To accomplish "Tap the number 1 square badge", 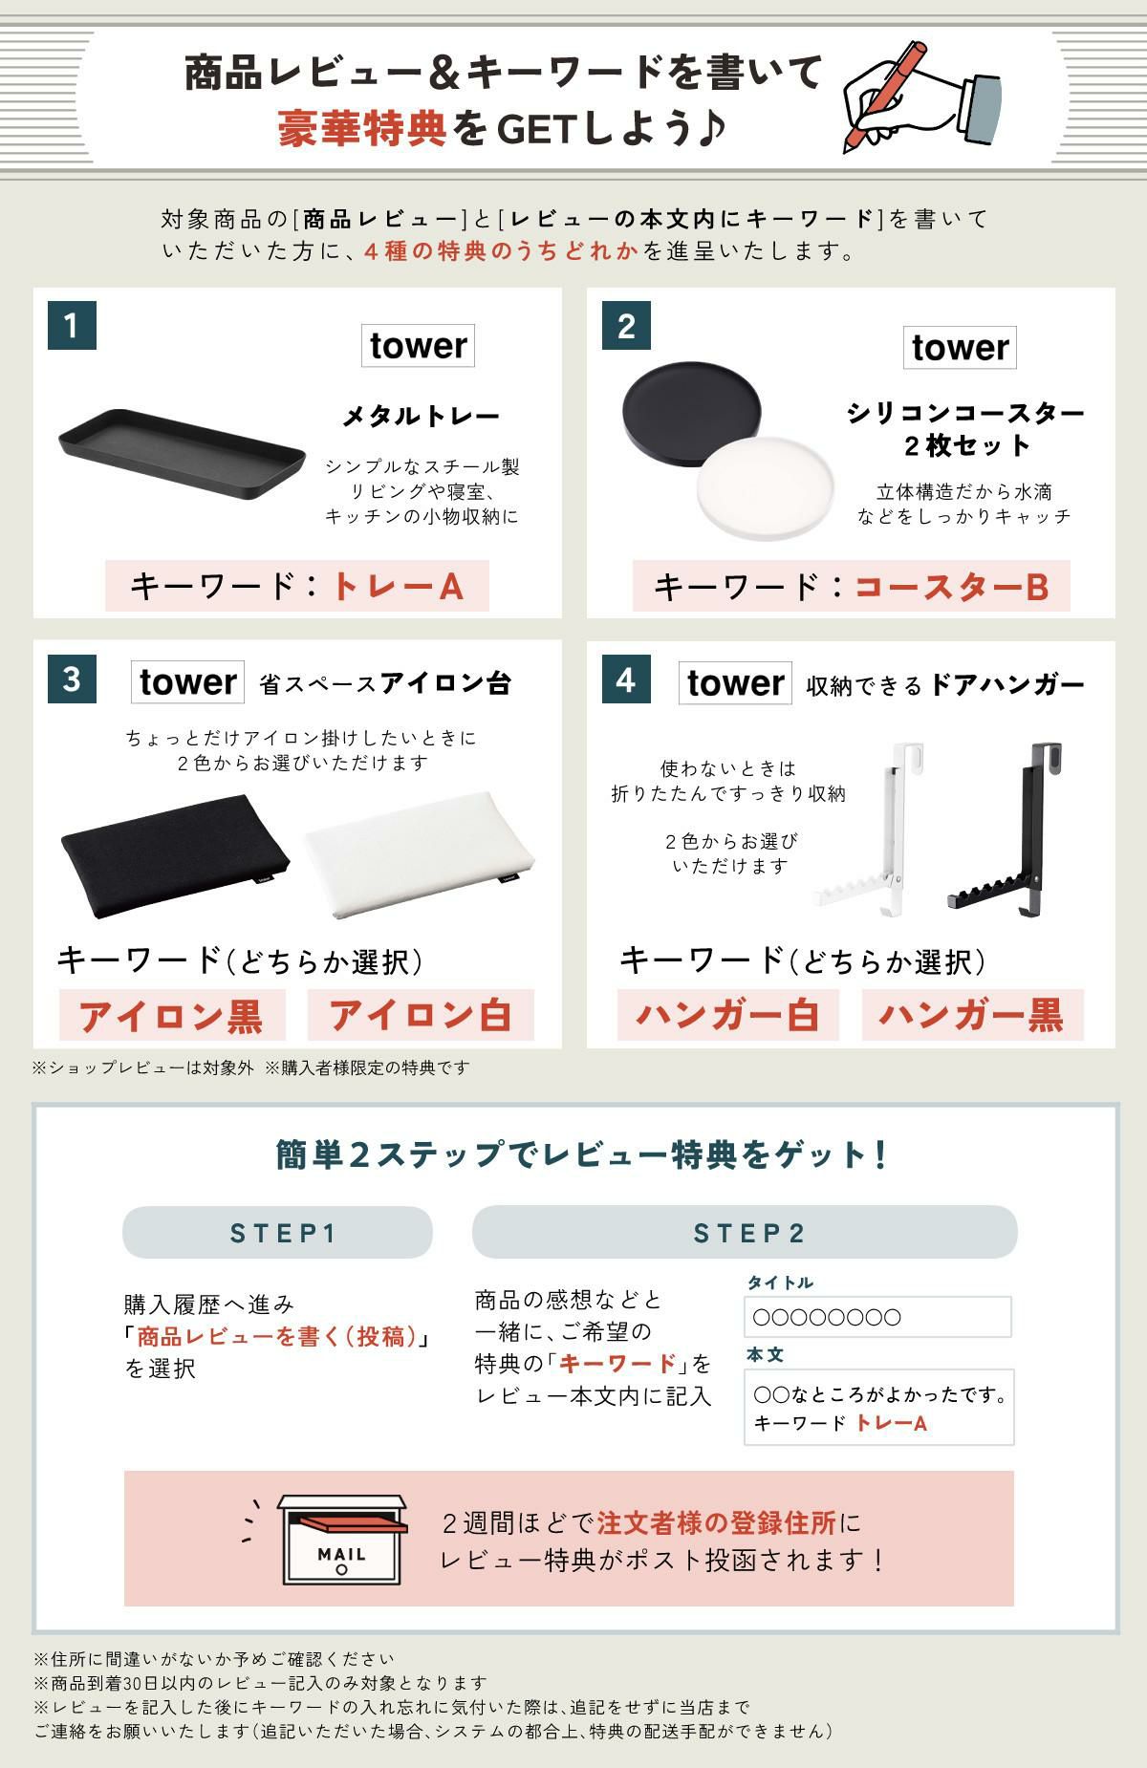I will pos(72,326).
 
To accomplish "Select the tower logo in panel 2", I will pos(960,348).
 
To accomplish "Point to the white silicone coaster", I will pos(765,488).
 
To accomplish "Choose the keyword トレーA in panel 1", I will pos(397,586).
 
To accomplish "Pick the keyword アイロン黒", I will pos(172,1016).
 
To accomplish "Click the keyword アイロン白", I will pos(421,1016).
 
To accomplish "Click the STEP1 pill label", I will pos(277,1233).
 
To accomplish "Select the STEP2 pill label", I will pos(745,1233).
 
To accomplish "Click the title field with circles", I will pos(877,1317).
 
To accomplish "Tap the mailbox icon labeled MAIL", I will pos(341,1540).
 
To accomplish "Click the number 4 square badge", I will pos(626,679).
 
